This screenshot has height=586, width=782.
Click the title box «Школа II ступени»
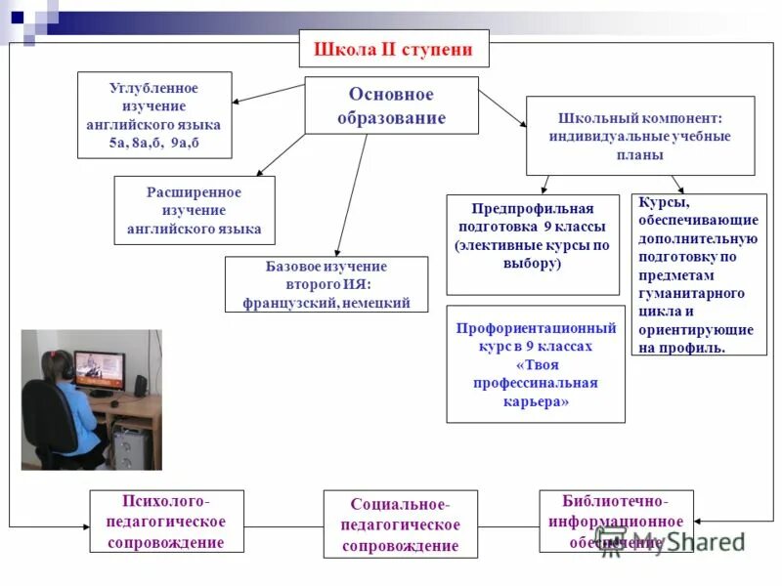click(x=393, y=49)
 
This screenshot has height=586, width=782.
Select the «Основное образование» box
click(x=391, y=105)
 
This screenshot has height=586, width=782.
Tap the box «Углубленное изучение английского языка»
click(x=154, y=115)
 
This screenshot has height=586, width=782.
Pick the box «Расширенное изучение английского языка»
click(x=195, y=210)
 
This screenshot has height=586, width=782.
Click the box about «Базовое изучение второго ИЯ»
click(x=326, y=284)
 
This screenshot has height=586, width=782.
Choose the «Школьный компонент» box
click(x=640, y=136)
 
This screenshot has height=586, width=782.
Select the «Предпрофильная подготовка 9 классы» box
click(x=533, y=244)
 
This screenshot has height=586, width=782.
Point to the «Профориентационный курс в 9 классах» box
click(x=535, y=363)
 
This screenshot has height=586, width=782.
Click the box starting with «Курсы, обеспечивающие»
click(x=698, y=273)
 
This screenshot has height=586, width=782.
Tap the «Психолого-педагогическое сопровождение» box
click(x=166, y=523)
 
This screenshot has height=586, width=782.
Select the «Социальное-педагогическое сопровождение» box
click(x=401, y=524)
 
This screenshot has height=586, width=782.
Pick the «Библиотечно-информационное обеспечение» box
click(x=616, y=521)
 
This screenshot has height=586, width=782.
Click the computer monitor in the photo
click(x=100, y=371)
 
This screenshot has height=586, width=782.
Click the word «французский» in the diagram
click(x=288, y=303)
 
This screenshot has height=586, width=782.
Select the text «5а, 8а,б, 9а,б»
click(x=154, y=143)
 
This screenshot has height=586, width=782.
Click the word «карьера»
click(x=535, y=401)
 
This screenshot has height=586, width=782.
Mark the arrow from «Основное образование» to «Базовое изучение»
click(x=351, y=195)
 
